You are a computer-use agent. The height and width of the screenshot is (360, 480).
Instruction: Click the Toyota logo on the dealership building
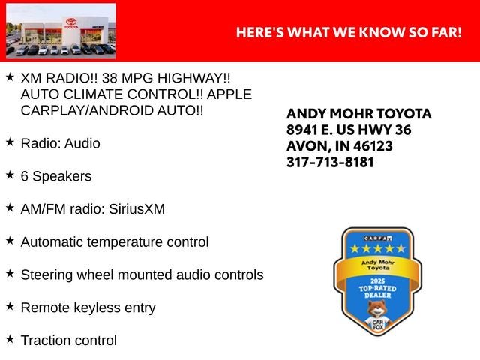[71, 22]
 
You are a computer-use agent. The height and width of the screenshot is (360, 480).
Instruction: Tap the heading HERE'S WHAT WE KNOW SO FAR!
[349, 32]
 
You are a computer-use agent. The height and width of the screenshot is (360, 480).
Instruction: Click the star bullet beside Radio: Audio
[10, 142]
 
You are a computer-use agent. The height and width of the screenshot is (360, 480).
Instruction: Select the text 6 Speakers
[56, 176]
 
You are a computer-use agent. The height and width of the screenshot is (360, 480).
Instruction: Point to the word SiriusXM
[136, 209]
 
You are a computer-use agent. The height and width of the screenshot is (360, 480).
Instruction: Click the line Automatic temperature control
[115, 241]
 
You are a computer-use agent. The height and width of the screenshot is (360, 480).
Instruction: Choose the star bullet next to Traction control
[10, 339]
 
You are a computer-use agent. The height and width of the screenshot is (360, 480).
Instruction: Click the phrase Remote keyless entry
[88, 307]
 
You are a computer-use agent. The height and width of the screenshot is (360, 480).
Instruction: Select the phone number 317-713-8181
[330, 162]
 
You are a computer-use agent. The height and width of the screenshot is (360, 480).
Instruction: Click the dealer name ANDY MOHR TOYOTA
[359, 113]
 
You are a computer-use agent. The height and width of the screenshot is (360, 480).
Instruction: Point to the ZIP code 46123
[373, 146]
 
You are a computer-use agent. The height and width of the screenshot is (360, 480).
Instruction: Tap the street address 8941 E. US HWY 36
[349, 130]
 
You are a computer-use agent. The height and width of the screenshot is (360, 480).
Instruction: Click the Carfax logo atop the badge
[378, 238]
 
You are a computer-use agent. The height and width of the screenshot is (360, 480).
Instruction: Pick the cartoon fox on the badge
[377, 316]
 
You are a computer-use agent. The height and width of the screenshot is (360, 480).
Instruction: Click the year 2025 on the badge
[377, 281]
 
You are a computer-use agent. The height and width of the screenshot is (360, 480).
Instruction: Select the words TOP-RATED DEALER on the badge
[378, 292]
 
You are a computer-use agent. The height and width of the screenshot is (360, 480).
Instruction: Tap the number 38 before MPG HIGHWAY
[109, 78]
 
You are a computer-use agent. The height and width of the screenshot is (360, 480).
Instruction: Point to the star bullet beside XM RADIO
[10, 76]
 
